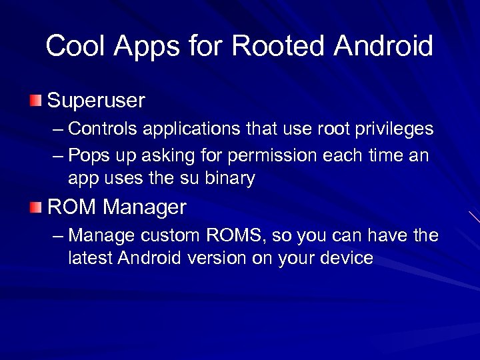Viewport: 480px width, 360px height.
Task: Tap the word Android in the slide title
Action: pos(383,46)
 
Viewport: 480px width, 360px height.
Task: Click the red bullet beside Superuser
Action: pos(35,101)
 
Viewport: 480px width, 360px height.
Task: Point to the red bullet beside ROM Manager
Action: pos(35,207)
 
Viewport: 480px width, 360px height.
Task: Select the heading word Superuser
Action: pos(96,101)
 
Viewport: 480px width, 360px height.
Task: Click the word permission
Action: pos(273,156)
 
